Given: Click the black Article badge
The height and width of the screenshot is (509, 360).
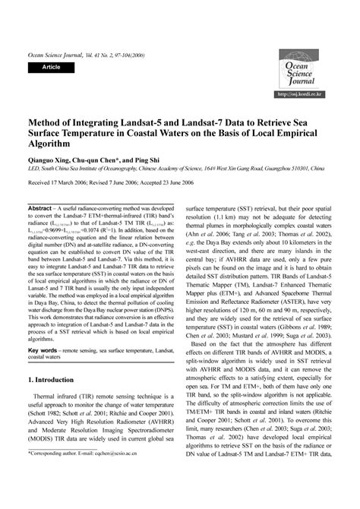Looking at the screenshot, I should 51,68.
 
